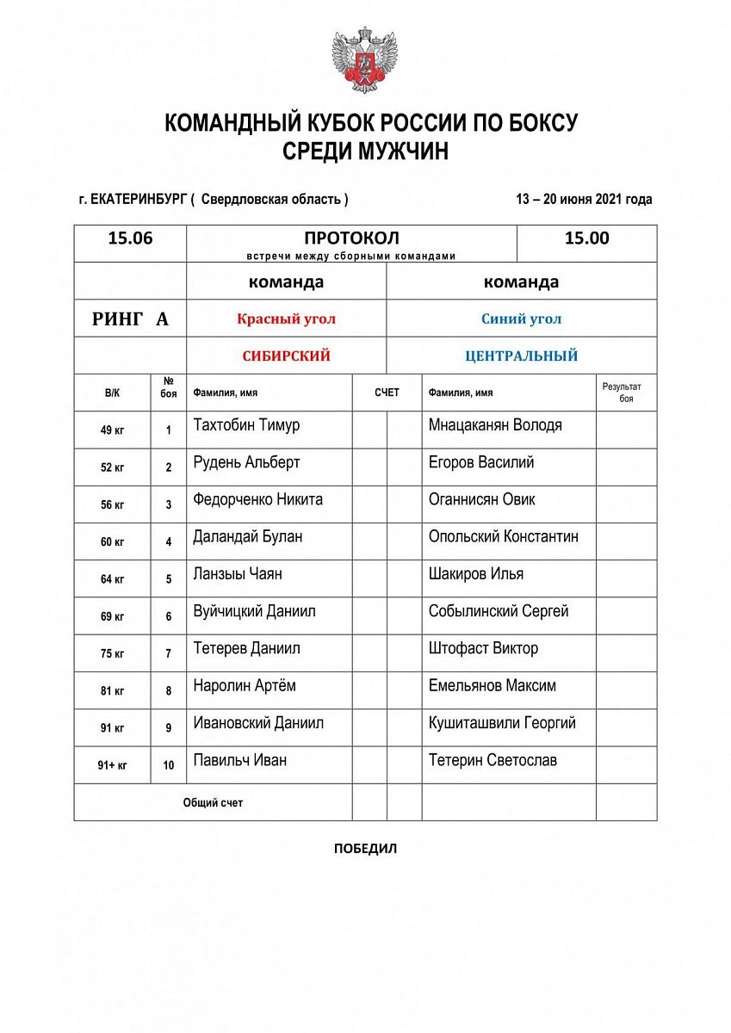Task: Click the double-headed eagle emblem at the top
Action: click(x=365, y=60)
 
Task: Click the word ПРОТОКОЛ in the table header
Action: click(x=351, y=238)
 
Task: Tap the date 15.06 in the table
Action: click(x=130, y=238)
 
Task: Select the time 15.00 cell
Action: click(x=586, y=238)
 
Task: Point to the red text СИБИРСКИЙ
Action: click(x=286, y=356)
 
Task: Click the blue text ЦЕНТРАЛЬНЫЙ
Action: click(x=521, y=356)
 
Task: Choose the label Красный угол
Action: click(x=286, y=319)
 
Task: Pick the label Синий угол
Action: click(x=521, y=319)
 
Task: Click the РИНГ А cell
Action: click(x=130, y=319)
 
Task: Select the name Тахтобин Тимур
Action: click(x=247, y=425)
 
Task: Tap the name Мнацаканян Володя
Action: click(x=495, y=425)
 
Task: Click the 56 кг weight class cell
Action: click(x=112, y=505)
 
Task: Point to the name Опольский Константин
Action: click(x=503, y=536)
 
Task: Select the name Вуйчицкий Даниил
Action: click(x=254, y=611)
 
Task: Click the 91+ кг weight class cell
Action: click(x=112, y=765)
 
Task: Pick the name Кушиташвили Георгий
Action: click(x=502, y=723)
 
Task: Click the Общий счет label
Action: click(x=213, y=802)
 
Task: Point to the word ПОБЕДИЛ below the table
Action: click(x=365, y=849)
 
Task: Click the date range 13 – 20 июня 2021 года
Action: click(x=584, y=199)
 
